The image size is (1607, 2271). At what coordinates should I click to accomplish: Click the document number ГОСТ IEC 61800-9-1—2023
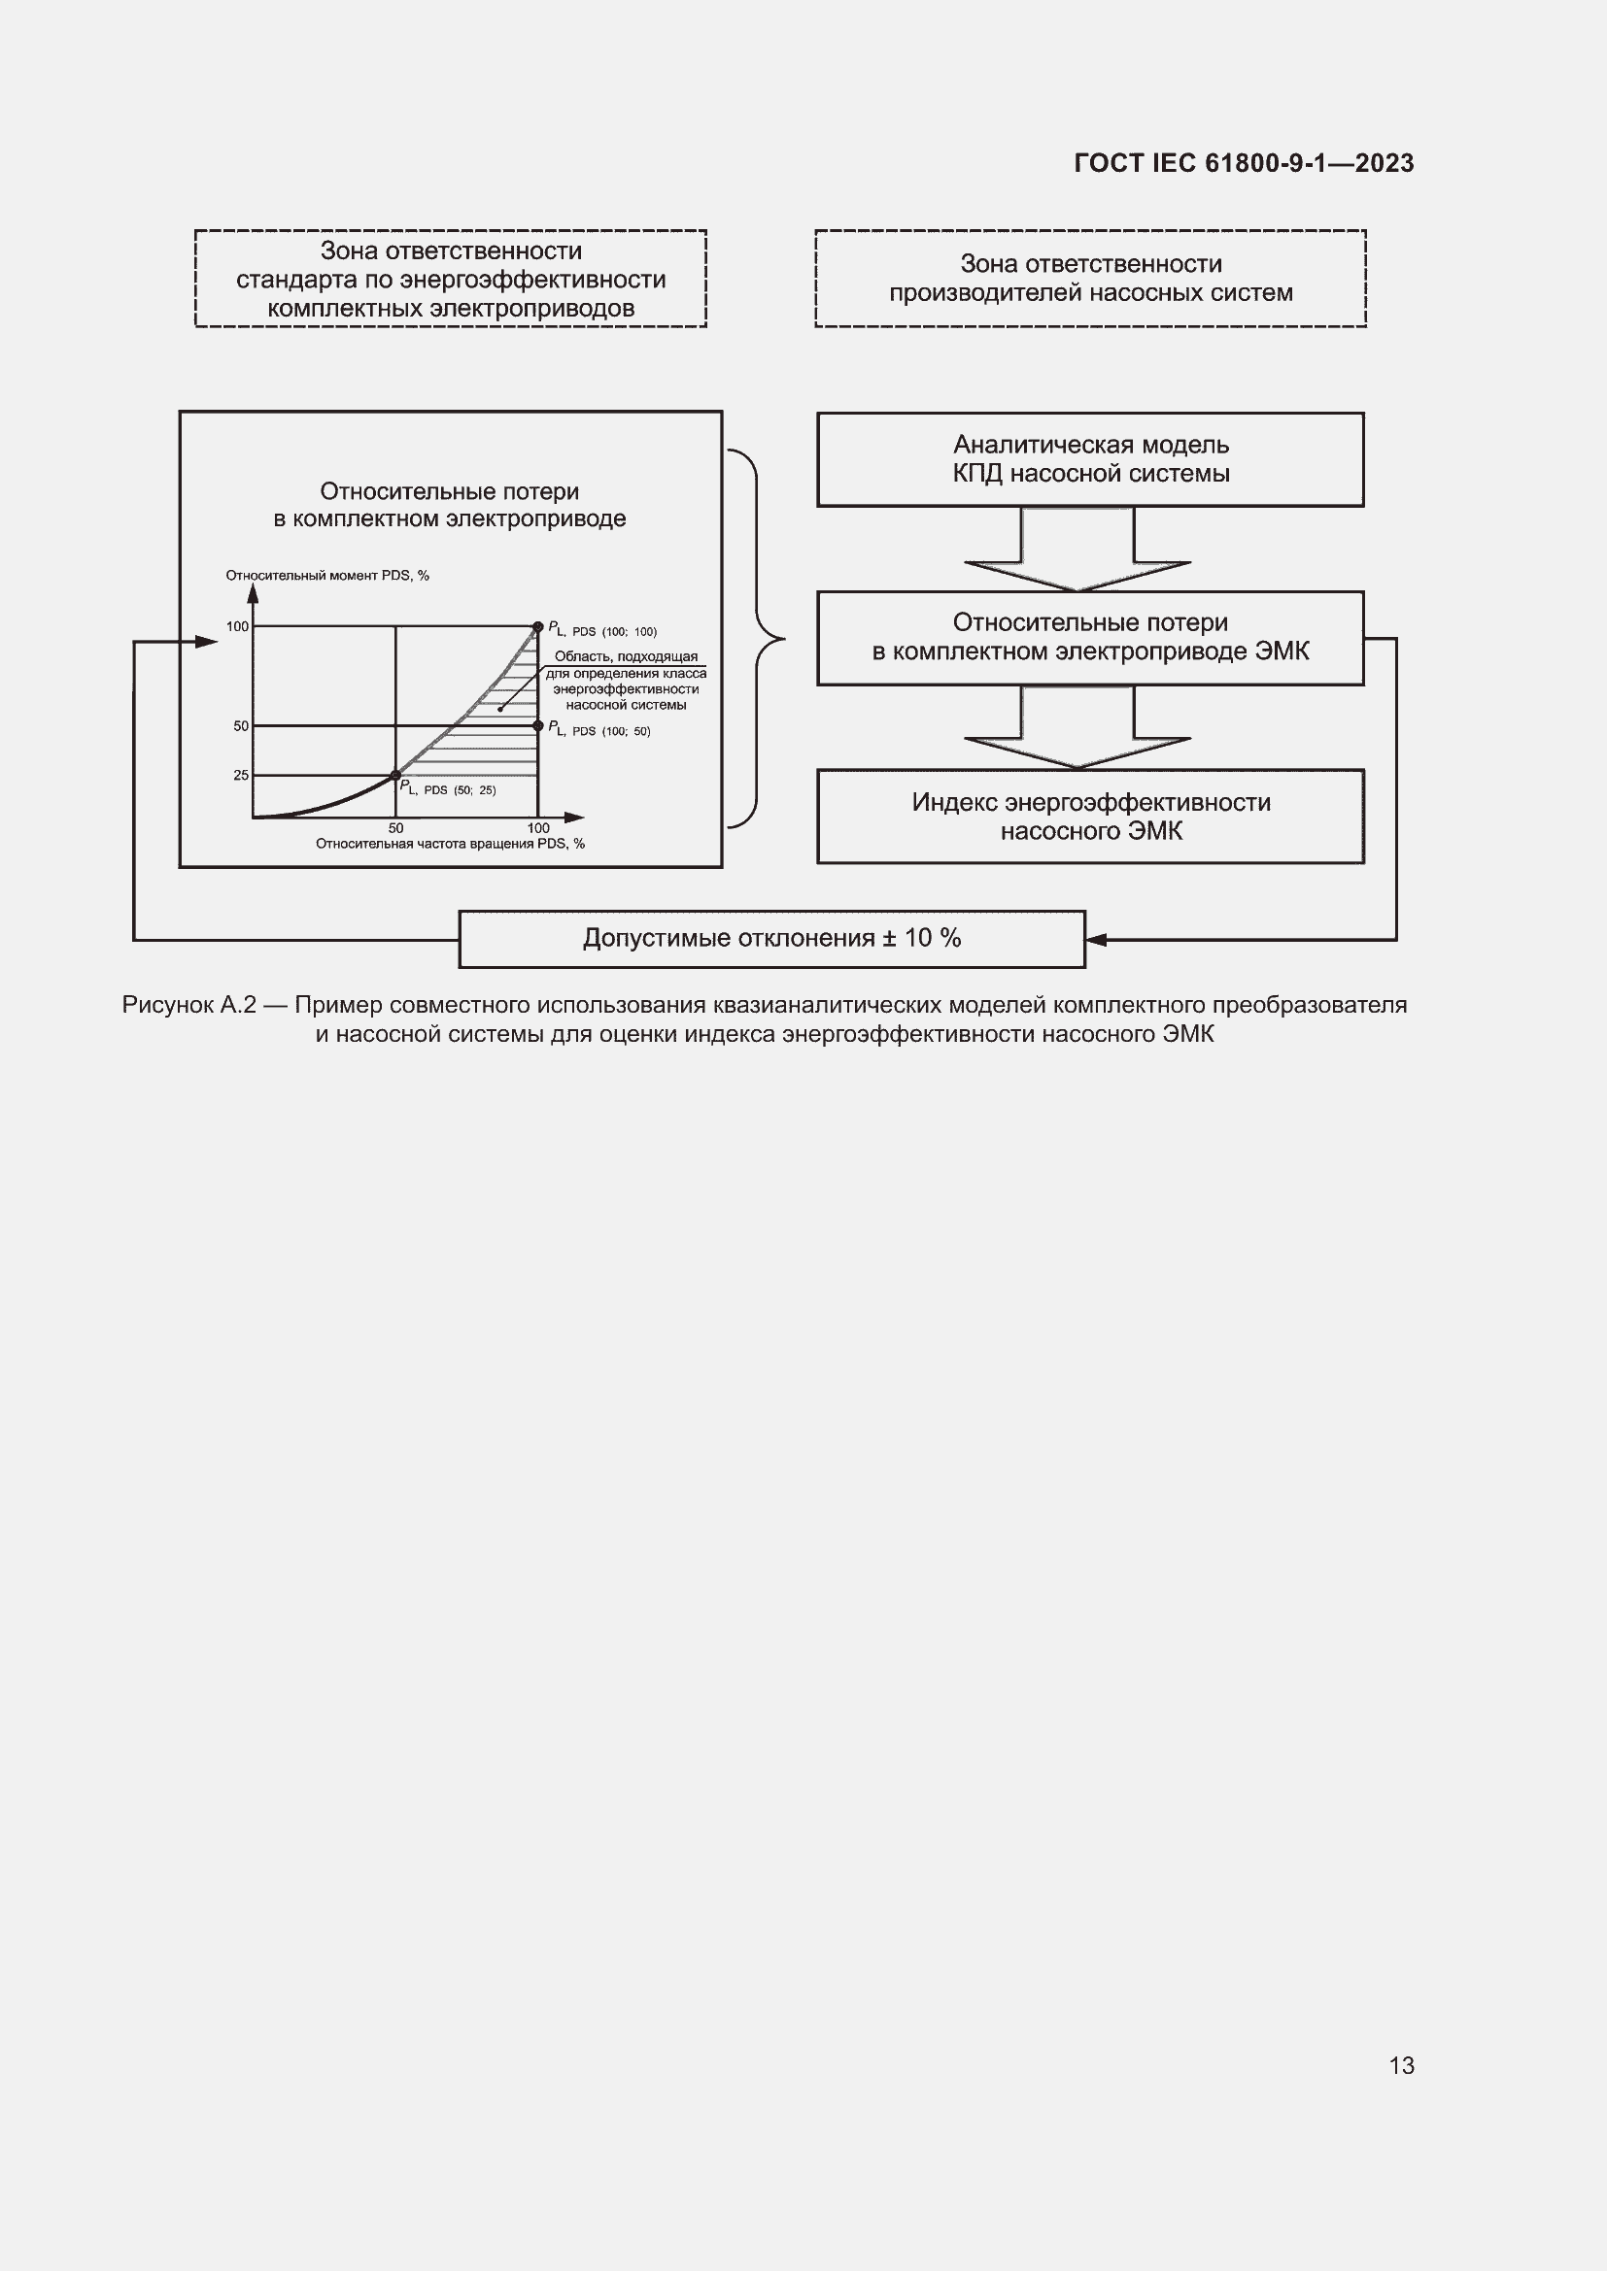(x=1243, y=163)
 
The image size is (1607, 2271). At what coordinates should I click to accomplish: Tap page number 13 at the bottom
(x=1401, y=2065)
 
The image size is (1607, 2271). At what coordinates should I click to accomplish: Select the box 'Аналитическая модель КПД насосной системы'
(x=1089, y=460)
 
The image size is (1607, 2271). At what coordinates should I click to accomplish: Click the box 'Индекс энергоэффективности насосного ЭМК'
(x=1089, y=817)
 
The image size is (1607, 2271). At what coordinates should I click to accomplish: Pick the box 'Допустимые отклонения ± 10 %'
(x=771, y=939)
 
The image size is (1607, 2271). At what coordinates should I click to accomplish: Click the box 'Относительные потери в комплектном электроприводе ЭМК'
(x=1089, y=638)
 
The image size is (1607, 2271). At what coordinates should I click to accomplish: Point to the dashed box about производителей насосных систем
(x=1089, y=279)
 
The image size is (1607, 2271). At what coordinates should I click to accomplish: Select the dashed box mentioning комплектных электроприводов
(x=450, y=279)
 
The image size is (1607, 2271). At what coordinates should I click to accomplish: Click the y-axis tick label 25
(x=240, y=776)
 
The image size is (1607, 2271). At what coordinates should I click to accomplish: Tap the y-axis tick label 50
(x=240, y=726)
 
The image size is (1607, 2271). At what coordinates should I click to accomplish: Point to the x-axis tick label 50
(x=395, y=828)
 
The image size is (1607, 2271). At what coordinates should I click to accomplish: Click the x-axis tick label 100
(x=537, y=828)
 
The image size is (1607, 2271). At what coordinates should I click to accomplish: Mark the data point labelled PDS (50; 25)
(x=395, y=776)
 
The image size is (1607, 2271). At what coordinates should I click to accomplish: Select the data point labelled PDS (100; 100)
(x=538, y=626)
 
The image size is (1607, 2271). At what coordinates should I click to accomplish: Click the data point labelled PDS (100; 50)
(x=538, y=726)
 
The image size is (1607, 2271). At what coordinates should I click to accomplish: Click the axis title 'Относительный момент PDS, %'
(x=327, y=576)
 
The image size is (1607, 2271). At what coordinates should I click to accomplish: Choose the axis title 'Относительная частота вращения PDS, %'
(x=450, y=844)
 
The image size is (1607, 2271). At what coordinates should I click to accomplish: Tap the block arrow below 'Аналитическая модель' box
(x=1077, y=550)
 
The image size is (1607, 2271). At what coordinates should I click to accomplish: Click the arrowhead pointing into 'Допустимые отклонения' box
(x=1096, y=940)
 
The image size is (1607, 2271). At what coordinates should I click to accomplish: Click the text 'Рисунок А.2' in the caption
(x=188, y=1006)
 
